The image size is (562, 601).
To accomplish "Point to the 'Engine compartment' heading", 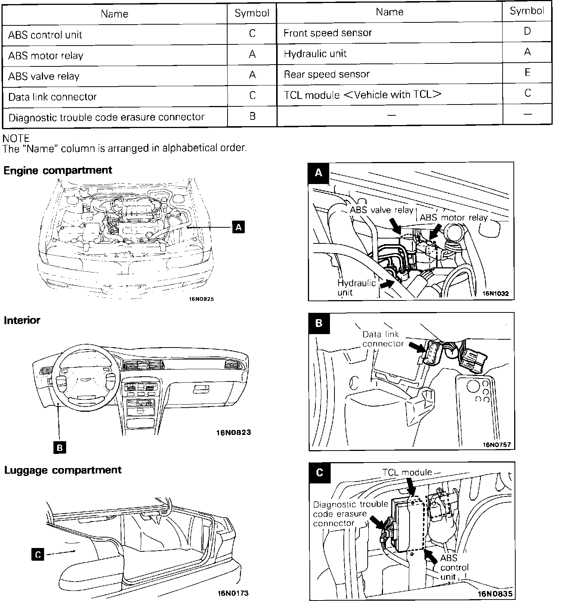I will pos(58,170).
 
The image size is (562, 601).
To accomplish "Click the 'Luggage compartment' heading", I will pos(63,470).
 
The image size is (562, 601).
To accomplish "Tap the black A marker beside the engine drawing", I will pos(238,227).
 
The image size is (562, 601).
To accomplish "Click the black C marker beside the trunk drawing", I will pos(38,555).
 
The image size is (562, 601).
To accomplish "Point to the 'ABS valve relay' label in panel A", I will pos(382,210).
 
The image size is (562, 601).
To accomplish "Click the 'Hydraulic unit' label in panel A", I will pos(356,287).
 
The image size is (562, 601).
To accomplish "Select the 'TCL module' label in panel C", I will pos(407,473).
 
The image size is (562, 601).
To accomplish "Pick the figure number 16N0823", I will pos(234,433).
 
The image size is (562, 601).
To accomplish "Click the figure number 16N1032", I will pos(495,293).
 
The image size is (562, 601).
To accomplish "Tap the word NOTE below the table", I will pos(16,138).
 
